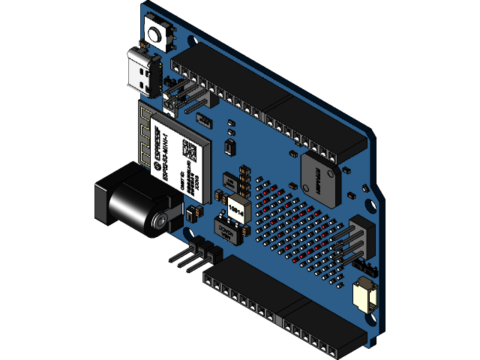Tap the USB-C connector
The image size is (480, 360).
141,67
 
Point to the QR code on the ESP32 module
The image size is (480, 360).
192,150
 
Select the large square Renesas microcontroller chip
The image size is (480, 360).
320,177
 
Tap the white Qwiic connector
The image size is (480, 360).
363,295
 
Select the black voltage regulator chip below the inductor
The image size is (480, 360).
229,229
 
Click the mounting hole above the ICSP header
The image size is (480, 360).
368,201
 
